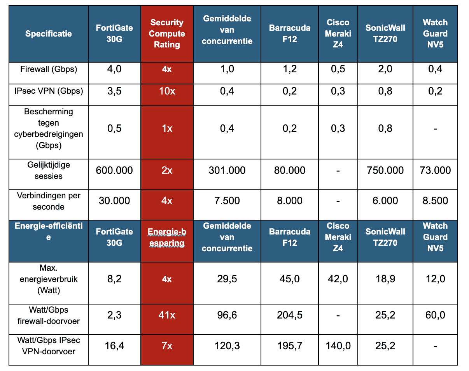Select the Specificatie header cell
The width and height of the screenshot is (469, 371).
(x=49, y=33)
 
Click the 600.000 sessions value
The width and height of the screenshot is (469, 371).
(x=114, y=170)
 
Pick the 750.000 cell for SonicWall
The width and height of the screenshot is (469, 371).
(x=385, y=170)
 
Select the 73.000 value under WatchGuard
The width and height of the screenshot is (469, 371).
(x=435, y=170)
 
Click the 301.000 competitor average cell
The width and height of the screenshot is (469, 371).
(x=227, y=170)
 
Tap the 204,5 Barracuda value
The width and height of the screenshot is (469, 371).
(x=289, y=315)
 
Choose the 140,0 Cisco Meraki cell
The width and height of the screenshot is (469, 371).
(x=338, y=345)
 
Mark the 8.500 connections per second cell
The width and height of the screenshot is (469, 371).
(x=435, y=201)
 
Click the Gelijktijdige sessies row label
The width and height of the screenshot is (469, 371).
(x=49, y=170)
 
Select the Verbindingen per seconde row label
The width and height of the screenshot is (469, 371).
(x=49, y=201)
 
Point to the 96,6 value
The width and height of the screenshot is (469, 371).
(x=227, y=315)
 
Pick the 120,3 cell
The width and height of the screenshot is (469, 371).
(x=227, y=345)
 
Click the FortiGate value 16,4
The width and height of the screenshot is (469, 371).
(x=114, y=345)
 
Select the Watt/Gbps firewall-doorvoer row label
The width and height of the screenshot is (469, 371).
(x=49, y=315)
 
